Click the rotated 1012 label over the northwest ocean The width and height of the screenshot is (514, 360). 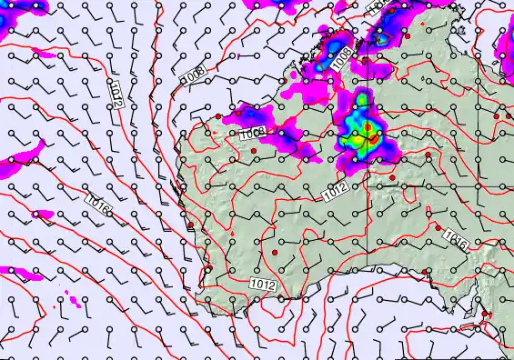tap(116, 93)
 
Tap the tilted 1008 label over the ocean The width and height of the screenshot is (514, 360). tap(193, 77)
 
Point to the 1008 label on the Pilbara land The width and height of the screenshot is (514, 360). tap(252, 134)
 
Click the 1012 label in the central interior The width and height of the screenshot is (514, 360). tap(335, 193)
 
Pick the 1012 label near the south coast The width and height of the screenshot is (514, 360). tap(263, 285)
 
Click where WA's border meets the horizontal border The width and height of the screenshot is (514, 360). tap(368, 186)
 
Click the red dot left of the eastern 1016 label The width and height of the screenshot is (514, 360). tap(438, 228)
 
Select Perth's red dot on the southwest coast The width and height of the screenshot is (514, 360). tap(207, 269)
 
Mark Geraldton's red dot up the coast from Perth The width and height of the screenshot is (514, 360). tap(190, 225)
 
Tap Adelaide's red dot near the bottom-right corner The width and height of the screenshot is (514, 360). tap(486, 315)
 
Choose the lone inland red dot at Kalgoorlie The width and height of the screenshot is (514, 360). tap(274, 251)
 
